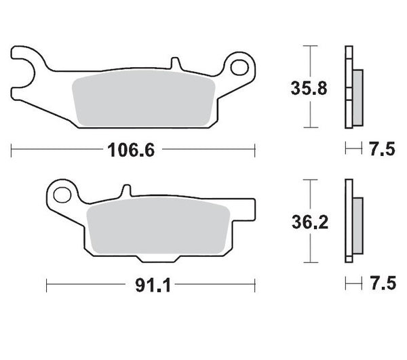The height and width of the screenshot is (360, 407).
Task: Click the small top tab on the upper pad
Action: coord(175,64)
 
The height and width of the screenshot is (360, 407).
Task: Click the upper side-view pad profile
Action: coord(352,87)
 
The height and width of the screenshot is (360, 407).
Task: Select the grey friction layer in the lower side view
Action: coord(357,221)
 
